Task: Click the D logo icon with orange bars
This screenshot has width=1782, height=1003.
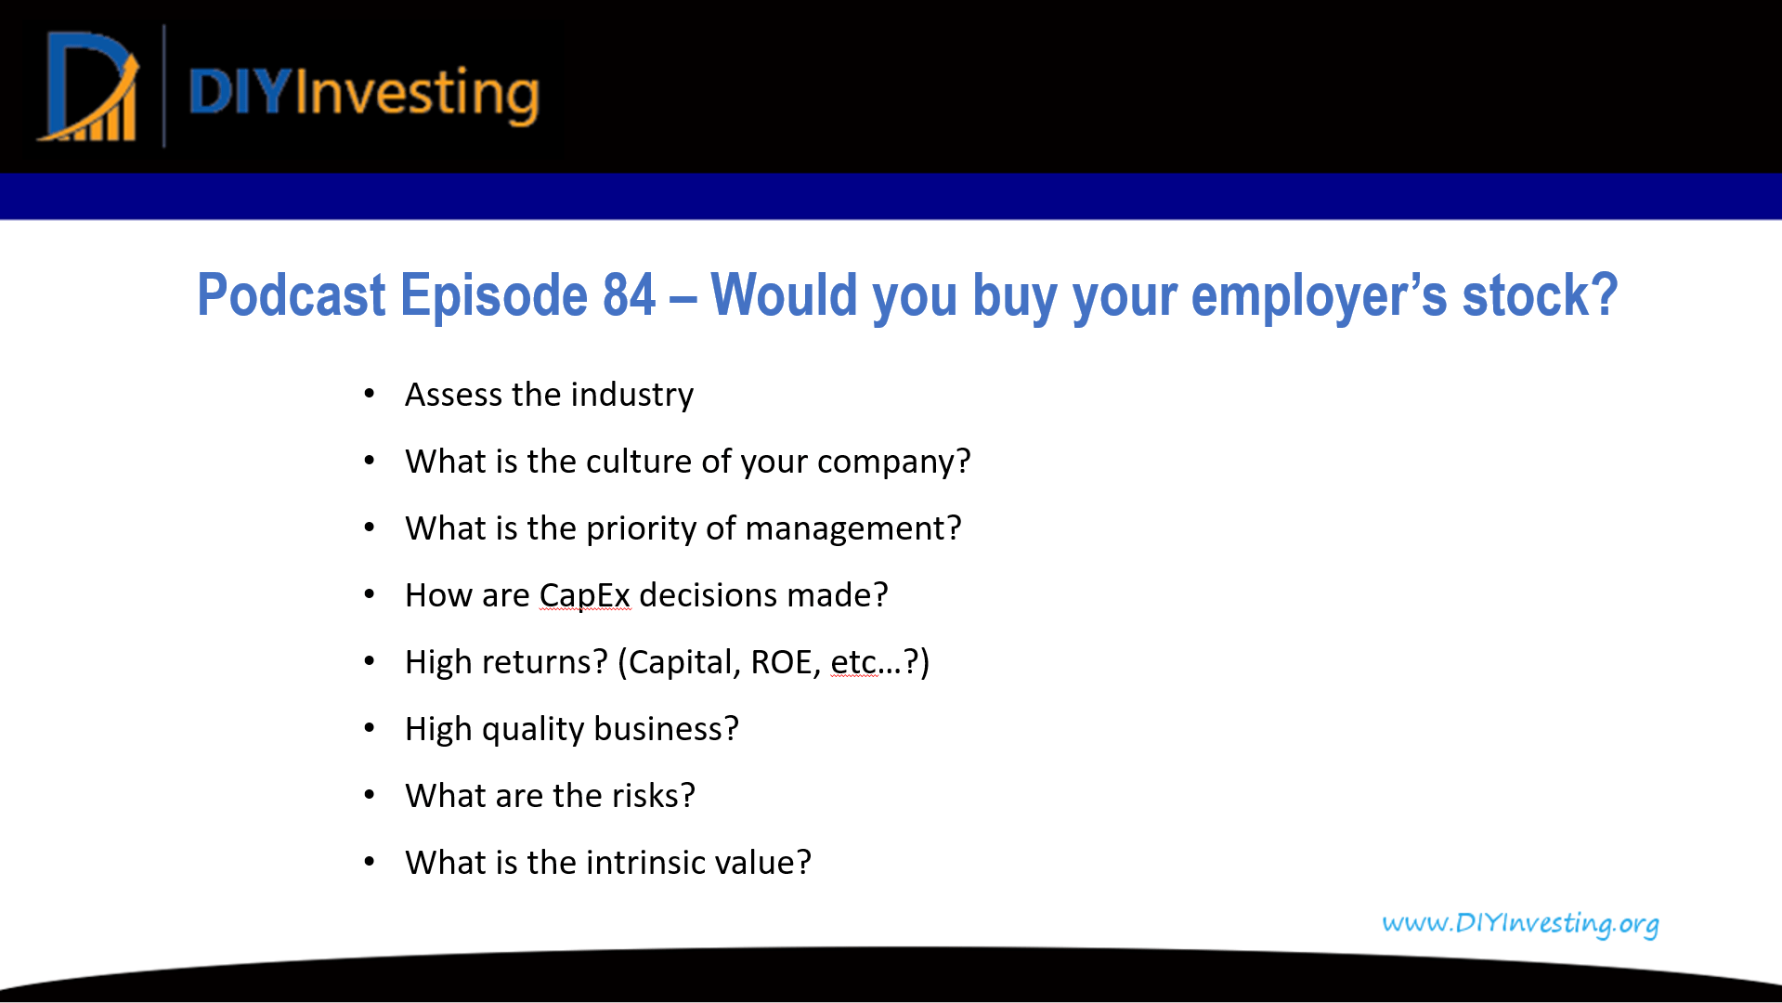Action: (x=89, y=87)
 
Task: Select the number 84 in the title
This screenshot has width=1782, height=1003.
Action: (x=629, y=295)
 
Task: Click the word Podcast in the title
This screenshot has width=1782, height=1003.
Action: (x=291, y=295)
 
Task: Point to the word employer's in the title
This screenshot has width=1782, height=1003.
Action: (x=1319, y=297)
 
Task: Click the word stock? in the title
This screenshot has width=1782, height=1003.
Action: (x=1540, y=295)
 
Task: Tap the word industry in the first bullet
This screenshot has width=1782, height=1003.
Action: (x=631, y=396)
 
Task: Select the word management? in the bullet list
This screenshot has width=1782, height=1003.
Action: (x=852, y=529)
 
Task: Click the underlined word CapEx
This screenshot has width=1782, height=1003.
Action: (x=584, y=596)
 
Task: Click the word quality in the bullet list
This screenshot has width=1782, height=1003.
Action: (x=533, y=730)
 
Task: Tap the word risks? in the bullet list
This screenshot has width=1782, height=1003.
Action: (x=653, y=796)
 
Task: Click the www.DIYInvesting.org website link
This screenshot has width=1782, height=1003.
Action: (x=1520, y=923)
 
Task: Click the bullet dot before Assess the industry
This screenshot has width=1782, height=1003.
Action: (x=370, y=395)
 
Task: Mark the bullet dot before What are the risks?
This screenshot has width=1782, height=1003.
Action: (x=370, y=796)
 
